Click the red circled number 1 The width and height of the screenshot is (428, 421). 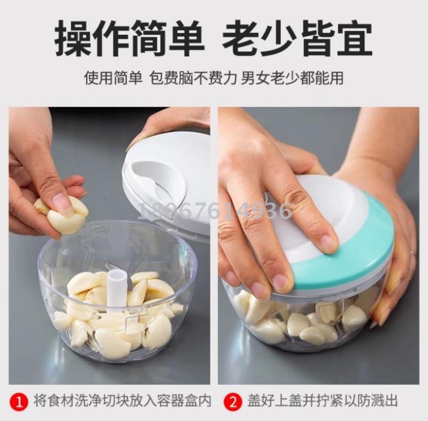point(19,402)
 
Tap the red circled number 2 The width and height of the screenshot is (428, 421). point(233,402)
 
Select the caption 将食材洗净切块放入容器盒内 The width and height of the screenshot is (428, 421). point(123,401)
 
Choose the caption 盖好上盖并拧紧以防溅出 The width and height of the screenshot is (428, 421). point(323,401)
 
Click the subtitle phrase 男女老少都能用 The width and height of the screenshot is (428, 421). point(292,78)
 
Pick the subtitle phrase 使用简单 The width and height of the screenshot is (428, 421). point(113,78)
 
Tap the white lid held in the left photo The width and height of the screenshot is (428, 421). point(166,180)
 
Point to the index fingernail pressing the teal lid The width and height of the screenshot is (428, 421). point(328,243)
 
